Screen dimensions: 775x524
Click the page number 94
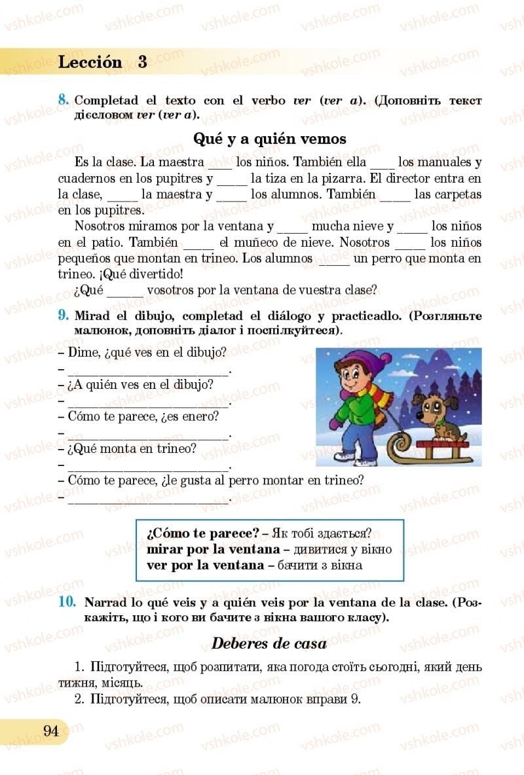pos(51,731)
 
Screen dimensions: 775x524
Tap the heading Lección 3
pos(102,62)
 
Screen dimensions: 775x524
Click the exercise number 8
pos(64,100)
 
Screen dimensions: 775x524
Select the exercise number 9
pos(64,315)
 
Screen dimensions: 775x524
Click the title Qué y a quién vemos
pos(270,139)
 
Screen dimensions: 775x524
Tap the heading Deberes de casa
pos(269,643)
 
